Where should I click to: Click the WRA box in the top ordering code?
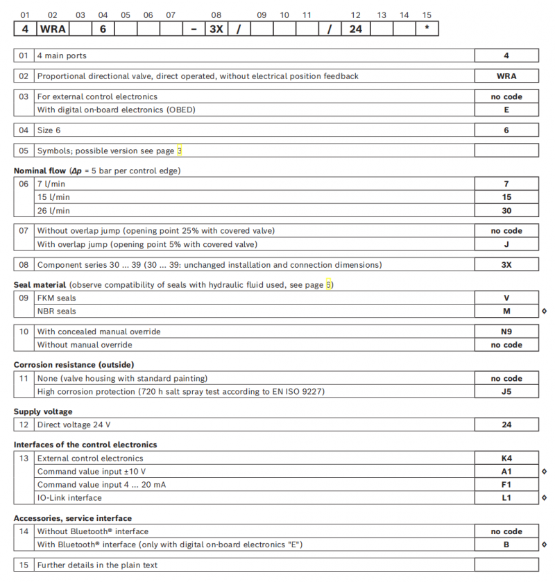pyautogui.click(x=53, y=29)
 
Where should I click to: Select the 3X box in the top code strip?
pyautogui.click(x=216, y=29)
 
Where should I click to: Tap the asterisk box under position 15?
pyautogui.click(x=426, y=29)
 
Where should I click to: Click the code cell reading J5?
pyautogui.click(x=506, y=392)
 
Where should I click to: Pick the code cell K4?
pyautogui.click(x=506, y=458)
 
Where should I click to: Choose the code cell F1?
pyautogui.click(x=506, y=484)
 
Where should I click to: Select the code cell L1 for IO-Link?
pyautogui.click(x=506, y=497)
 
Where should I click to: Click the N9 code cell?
pyautogui.click(x=506, y=332)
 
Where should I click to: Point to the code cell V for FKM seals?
pyautogui.click(x=506, y=298)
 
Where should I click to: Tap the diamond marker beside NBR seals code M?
pyautogui.click(x=544, y=311)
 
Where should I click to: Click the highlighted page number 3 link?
pyautogui.click(x=180, y=151)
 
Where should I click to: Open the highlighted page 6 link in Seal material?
pyautogui.click(x=329, y=285)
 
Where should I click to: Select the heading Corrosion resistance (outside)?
pyautogui.click(x=74, y=364)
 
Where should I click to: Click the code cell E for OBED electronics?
pyautogui.click(x=506, y=110)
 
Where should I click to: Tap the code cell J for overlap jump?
pyautogui.click(x=506, y=244)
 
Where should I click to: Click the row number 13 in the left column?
pyautogui.click(x=24, y=458)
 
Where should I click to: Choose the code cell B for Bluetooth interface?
pyautogui.click(x=506, y=545)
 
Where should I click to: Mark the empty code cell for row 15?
pyautogui.click(x=506, y=565)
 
